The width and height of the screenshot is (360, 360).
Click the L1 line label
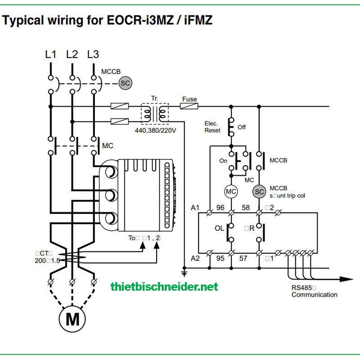pos(51,54)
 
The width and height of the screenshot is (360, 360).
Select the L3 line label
pos(93,54)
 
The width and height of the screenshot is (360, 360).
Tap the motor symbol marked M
pos(72,319)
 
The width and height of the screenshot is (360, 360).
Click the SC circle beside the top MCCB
pos(125,83)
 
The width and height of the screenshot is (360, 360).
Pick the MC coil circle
pos(231,191)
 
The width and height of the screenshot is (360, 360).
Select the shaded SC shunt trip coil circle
pos(259,191)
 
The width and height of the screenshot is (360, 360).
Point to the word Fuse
pos(189,99)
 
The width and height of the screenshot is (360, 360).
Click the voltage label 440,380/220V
pos(155,130)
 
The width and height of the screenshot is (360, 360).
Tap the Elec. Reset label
pos(212,127)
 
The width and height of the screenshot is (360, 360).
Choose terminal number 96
pos(220,207)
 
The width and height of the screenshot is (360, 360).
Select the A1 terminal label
pos(195,207)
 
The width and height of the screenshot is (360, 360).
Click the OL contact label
pos(219,228)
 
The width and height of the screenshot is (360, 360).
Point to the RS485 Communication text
pos(314,291)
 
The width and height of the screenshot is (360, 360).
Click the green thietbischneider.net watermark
pos(164,286)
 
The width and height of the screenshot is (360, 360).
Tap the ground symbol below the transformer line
pos(184,272)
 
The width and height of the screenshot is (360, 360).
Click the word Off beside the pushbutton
pos(242,127)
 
